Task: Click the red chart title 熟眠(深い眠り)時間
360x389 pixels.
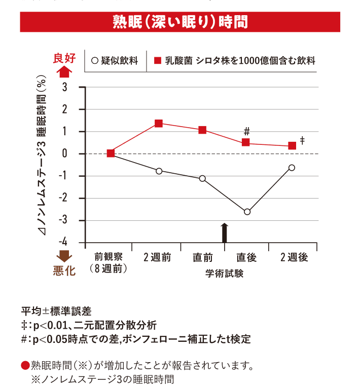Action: (180, 22)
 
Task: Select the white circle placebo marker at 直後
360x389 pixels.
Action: (247, 212)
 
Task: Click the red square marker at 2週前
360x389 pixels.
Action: (159, 123)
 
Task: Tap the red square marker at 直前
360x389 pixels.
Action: (202, 130)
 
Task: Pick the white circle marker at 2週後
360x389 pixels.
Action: (292, 168)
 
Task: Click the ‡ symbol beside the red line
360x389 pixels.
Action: (303, 140)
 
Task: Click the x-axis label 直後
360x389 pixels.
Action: (247, 257)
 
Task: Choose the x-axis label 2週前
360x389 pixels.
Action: (158, 257)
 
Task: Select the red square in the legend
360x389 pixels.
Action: (158, 61)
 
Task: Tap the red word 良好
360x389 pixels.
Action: (64, 58)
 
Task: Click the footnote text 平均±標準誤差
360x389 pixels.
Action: (56, 310)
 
